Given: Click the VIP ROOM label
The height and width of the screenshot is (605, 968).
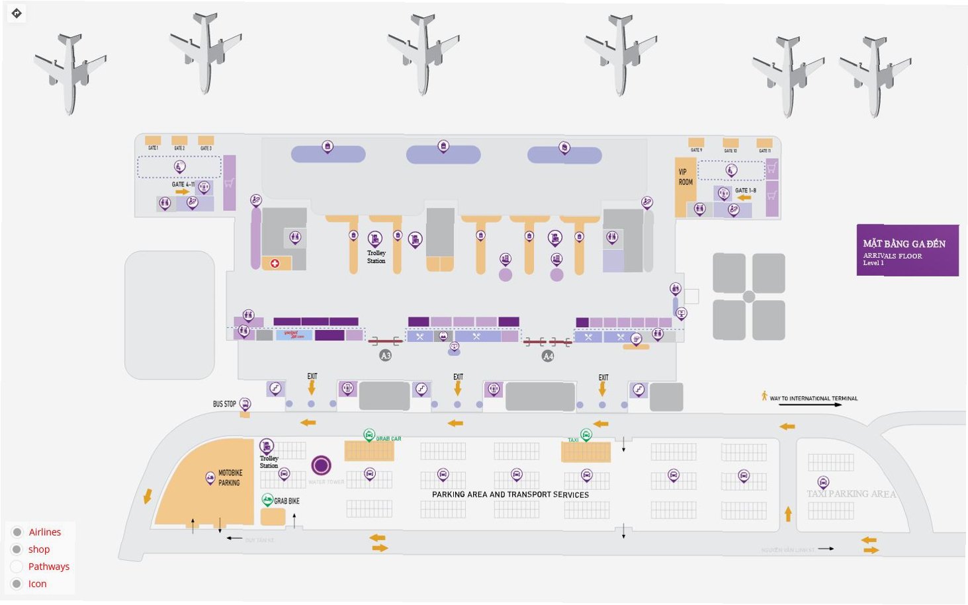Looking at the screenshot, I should (685, 177).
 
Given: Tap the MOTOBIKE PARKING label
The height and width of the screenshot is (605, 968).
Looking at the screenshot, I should (230, 478).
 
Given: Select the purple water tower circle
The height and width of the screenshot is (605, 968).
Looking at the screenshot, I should (322, 465).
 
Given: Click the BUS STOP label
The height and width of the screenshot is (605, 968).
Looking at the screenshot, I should (224, 404).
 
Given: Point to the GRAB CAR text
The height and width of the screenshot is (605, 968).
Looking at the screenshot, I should (388, 439).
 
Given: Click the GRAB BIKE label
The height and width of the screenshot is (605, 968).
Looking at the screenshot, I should (286, 501).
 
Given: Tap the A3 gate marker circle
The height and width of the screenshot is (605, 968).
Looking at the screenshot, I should (386, 356).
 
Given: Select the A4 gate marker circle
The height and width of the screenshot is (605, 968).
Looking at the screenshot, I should (548, 356).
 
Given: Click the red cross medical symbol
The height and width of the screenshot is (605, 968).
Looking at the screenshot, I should (275, 263).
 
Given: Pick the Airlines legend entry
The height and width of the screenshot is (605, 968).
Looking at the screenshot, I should (45, 532).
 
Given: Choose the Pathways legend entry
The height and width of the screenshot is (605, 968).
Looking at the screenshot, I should (48, 567).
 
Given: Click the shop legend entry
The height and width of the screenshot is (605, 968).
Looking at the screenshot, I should (39, 549).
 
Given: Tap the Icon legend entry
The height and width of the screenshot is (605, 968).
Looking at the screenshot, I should (37, 584).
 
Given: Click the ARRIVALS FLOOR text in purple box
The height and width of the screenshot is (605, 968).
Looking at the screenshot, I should (892, 256).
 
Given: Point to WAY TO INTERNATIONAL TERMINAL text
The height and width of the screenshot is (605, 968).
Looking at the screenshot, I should (813, 399).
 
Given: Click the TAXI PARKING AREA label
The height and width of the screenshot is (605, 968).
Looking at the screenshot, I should (851, 494).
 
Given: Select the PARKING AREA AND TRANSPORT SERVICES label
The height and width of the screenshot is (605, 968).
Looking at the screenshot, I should (510, 495).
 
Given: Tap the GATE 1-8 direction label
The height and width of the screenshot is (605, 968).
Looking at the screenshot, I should (746, 190).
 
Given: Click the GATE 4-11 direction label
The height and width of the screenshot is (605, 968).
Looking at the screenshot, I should (183, 184).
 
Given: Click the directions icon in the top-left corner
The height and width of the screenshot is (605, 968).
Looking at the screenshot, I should (17, 13).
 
